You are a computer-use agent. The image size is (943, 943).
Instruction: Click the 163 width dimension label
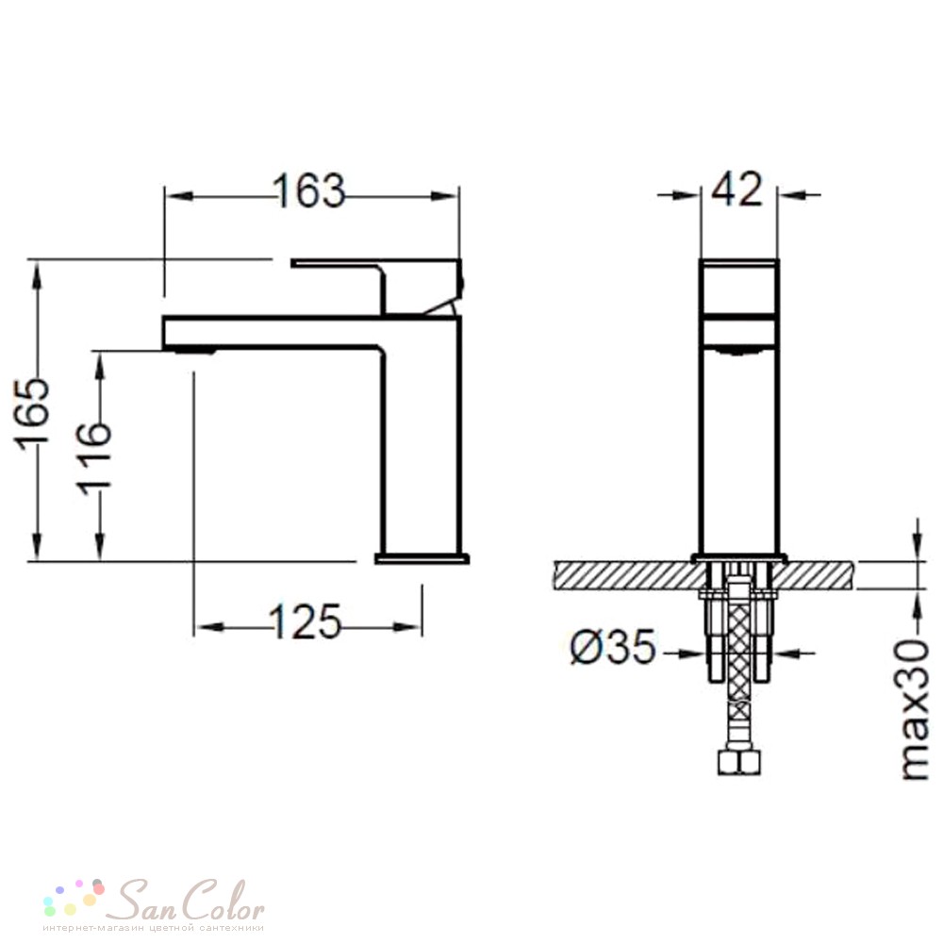pyautogui.click(x=309, y=190)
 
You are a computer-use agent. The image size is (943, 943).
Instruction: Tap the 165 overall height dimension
pyautogui.click(x=31, y=416)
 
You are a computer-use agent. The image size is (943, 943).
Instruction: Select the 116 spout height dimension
pyautogui.click(x=94, y=459)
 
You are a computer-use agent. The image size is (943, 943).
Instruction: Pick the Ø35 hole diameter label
pyautogui.click(x=613, y=647)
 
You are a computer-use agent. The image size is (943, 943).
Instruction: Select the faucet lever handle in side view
pyautogui.click(x=378, y=286)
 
